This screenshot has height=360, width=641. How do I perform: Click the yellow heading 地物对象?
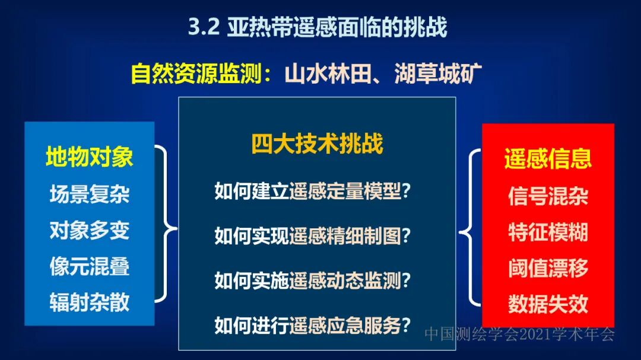pyautogui.click(x=90, y=157)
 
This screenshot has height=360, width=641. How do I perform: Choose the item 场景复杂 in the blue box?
pyautogui.click(x=90, y=194)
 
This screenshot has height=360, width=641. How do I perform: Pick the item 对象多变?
pyautogui.click(x=90, y=230)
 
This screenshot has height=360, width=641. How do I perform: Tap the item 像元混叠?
pyautogui.click(x=90, y=266)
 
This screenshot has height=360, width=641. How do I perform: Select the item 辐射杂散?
pyautogui.click(x=90, y=302)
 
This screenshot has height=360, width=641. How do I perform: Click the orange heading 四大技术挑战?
pyautogui.click(x=317, y=144)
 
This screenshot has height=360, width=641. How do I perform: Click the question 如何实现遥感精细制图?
pyautogui.click(x=314, y=236)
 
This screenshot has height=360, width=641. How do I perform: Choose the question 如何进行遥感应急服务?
pyautogui.click(x=314, y=325)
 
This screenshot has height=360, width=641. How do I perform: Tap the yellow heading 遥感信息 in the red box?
pyautogui.click(x=548, y=159)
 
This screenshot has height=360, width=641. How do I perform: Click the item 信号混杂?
pyautogui.click(x=548, y=196)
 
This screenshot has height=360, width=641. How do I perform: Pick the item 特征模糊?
pyautogui.click(x=548, y=232)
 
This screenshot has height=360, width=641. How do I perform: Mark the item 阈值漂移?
pyautogui.click(x=548, y=268)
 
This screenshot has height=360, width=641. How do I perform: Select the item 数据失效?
pyautogui.click(x=548, y=304)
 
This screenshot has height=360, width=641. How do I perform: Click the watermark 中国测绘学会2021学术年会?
pyautogui.click(x=519, y=335)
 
